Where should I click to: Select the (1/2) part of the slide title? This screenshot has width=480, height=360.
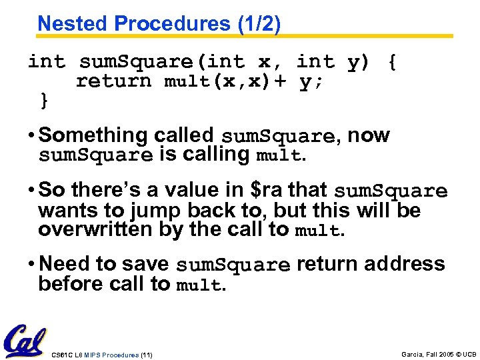[x=259, y=23]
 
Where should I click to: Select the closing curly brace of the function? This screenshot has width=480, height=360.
[x=44, y=101]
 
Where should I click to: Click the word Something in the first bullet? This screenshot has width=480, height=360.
[x=94, y=135]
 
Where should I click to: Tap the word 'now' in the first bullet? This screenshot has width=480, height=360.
[x=369, y=135]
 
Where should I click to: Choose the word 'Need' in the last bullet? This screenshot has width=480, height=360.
[x=65, y=264]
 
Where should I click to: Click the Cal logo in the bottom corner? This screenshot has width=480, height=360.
[x=25, y=341]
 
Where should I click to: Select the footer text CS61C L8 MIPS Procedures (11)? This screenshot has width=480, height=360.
[x=101, y=355]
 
